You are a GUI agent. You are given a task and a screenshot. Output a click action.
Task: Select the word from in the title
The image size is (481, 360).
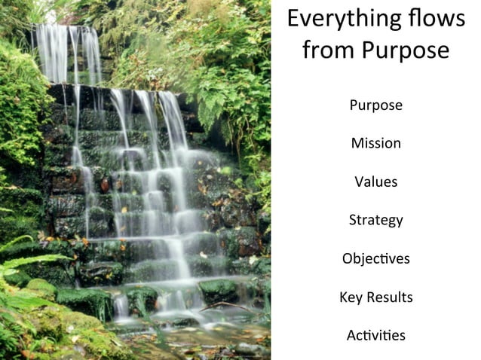(x=329, y=50)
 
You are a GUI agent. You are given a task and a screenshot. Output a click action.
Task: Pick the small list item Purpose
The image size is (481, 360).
(x=375, y=105)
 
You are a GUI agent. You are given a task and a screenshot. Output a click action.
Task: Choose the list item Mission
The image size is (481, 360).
(x=375, y=143)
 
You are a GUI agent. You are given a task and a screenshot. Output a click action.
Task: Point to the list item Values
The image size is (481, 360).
(x=375, y=182)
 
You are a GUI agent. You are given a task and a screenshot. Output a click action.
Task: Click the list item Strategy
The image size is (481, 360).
(x=375, y=220)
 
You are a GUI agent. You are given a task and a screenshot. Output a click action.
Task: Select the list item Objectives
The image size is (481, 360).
(x=375, y=258)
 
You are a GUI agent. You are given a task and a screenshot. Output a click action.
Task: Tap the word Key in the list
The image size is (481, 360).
(x=351, y=297)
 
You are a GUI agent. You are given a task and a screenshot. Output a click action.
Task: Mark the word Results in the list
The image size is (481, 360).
(x=390, y=297)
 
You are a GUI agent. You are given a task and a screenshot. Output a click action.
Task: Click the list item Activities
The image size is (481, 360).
(x=375, y=335)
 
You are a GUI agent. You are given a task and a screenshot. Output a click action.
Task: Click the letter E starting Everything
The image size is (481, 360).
(x=294, y=19)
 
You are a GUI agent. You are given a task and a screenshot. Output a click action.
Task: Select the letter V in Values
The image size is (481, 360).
(x=358, y=182)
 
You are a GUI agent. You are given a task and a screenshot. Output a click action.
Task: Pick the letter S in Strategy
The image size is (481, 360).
(x=353, y=220)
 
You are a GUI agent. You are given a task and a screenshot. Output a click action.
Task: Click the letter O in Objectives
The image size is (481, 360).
(x=348, y=258)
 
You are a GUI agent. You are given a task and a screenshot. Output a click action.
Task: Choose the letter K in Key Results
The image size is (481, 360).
(x=343, y=297)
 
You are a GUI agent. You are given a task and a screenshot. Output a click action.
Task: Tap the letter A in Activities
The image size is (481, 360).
(x=351, y=335)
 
